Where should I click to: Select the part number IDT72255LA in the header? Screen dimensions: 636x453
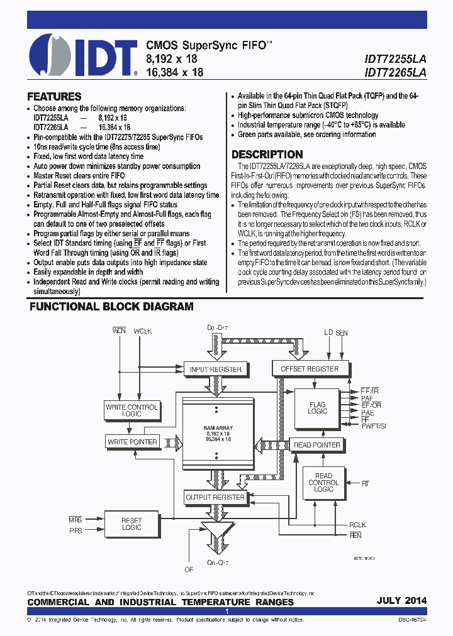coord(395,58)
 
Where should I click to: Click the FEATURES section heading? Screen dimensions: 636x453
coord(54,97)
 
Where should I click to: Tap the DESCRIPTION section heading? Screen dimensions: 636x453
coord(267,155)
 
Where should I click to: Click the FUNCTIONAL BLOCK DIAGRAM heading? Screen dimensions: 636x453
coord(112,307)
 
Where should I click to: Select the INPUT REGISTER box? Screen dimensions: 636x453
coord(215,370)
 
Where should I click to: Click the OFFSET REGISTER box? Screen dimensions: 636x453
coord(309,369)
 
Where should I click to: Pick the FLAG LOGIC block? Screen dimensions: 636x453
coord(318,407)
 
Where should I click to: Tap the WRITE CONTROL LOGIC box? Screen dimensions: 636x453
coord(131,410)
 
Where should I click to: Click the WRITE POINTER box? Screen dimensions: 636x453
coord(131,442)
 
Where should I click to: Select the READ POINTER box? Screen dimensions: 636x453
coord(317,445)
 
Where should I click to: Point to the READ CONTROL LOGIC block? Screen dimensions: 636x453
coord(323,483)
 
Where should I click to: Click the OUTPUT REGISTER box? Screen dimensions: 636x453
coord(215,497)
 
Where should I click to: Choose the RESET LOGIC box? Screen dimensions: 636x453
coord(131,524)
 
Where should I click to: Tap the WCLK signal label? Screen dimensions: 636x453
coord(143,331)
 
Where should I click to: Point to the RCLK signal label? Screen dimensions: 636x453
coord(357,525)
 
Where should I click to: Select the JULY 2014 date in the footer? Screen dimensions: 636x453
coord(401,601)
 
